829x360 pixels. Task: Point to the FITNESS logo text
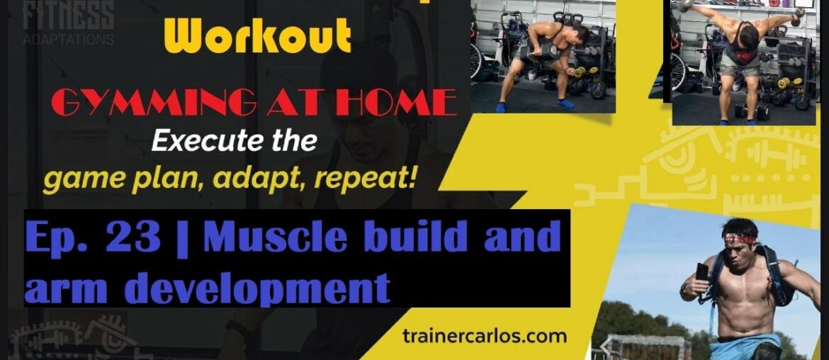pyautogui.click(x=69, y=15)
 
